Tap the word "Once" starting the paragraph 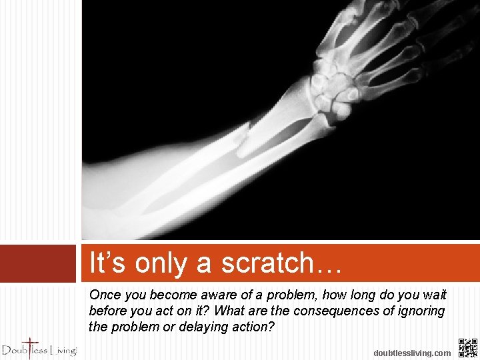(105, 295)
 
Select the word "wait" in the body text (434, 295)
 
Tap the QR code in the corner (468, 348)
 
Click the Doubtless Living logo (39, 348)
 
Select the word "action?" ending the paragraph (252, 327)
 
